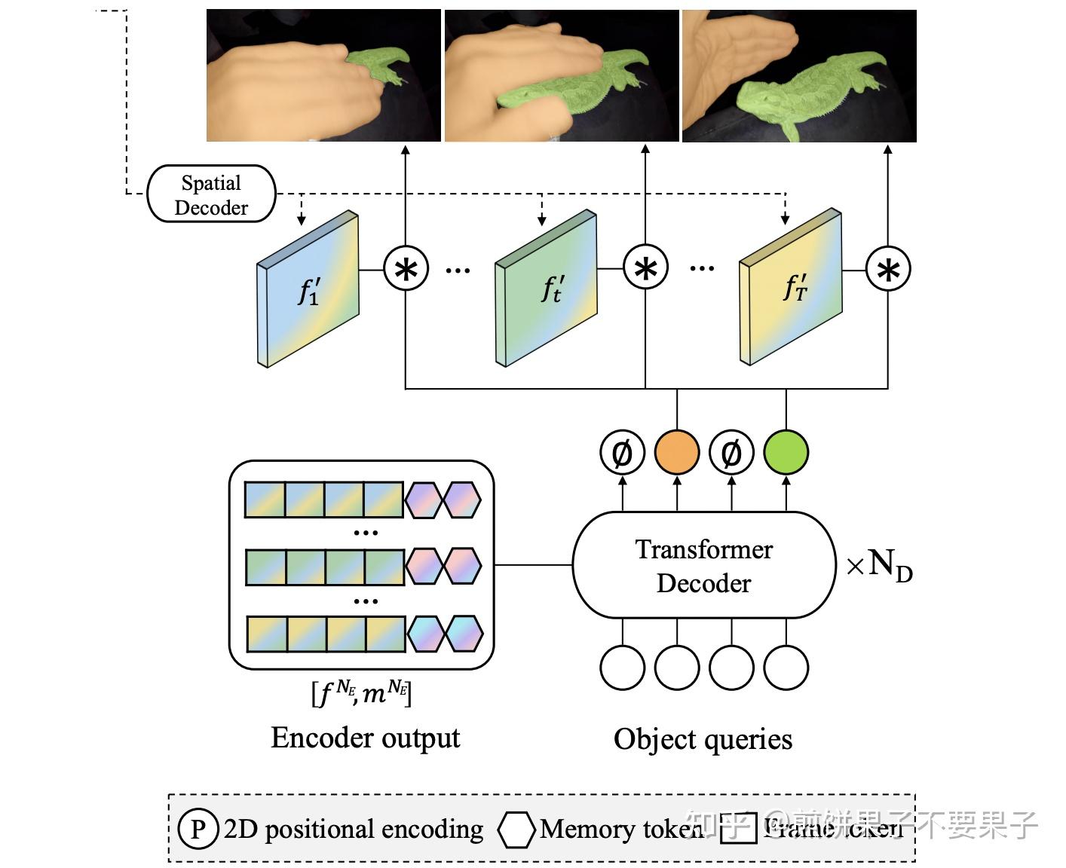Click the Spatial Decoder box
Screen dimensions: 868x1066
point(211,194)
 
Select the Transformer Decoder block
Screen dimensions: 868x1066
point(703,566)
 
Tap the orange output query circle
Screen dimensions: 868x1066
point(677,453)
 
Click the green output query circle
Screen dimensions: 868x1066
point(786,453)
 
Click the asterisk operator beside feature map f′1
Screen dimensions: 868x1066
point(406,269)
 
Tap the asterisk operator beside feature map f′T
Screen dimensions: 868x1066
point(888,269)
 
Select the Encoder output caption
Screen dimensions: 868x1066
point(365,738)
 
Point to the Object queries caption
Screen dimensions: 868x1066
point(703,739)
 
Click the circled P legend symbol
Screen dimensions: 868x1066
point(198,829)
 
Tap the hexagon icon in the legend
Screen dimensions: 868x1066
point(517,829)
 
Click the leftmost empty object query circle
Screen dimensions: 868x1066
point(622,668)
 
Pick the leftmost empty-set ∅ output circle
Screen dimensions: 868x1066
point(622,453)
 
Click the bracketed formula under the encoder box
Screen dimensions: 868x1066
point(362,692)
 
